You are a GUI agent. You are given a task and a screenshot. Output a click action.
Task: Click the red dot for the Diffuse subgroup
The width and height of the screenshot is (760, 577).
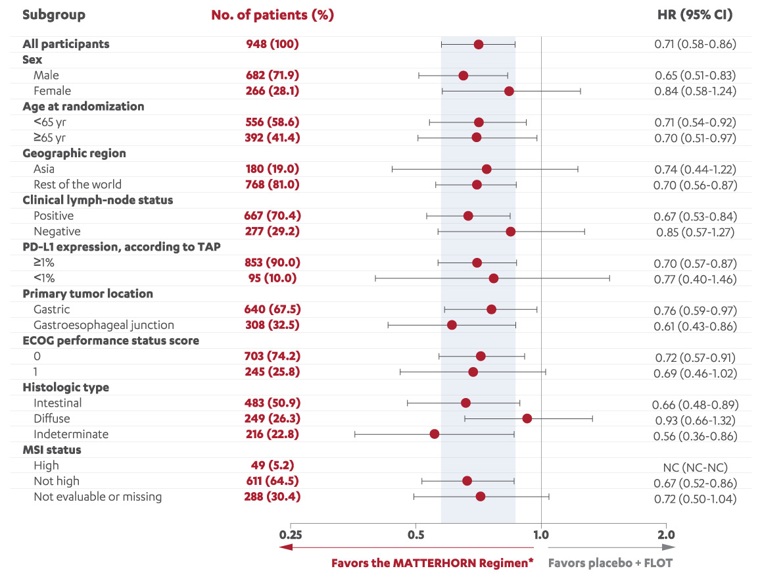point(527,418)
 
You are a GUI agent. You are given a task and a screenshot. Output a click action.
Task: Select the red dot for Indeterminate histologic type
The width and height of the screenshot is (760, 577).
point(434,434)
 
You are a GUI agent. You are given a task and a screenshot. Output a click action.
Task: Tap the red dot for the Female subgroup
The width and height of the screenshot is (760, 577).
point(509,91)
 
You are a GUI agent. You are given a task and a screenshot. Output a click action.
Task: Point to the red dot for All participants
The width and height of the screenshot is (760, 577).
point(478,44)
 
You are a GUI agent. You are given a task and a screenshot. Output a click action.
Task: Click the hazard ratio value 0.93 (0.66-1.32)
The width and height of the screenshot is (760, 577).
point(695,420)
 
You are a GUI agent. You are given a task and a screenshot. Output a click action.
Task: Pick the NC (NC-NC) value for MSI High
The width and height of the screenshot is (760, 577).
point(695,467)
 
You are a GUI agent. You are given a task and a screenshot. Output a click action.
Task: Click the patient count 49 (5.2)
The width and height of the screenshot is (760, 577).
point(272,466)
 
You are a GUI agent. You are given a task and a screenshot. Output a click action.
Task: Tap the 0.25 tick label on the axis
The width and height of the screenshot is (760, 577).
point(290,535)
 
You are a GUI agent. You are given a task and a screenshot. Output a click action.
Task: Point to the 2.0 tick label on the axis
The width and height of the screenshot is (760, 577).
point(665,535)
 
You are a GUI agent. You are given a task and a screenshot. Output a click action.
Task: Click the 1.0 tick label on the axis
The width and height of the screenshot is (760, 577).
point(540,535)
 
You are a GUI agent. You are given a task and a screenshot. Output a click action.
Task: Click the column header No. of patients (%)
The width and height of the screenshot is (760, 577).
point(272,14)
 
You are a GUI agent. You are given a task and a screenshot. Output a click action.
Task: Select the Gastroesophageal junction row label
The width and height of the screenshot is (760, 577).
point(104,325)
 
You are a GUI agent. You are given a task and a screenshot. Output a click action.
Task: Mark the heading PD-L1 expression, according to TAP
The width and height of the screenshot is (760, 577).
point(121,247)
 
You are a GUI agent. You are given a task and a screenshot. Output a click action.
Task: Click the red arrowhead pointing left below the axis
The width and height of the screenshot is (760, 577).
point(285,547)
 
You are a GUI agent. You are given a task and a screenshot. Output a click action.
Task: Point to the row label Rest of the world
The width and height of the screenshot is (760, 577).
point(78,184)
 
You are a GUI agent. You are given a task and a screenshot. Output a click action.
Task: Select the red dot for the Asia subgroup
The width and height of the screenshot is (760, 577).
point(486,169)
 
